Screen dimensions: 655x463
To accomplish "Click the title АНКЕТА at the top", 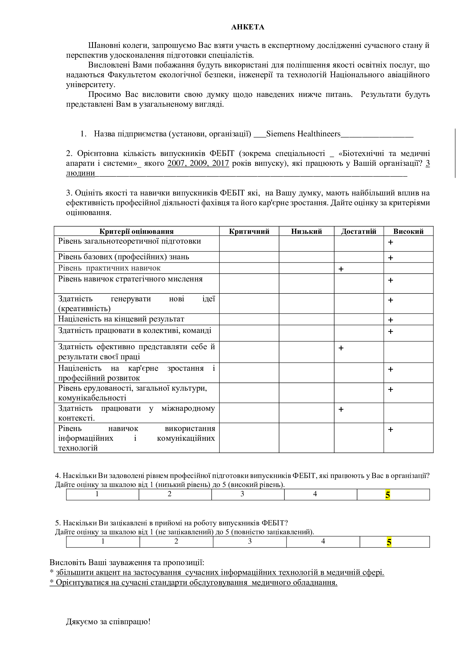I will point(247,27).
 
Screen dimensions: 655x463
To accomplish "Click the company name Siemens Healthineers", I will point(303,134).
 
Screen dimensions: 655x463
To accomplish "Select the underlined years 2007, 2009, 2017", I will point(198,163).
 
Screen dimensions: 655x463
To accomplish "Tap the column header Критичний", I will point(249,231).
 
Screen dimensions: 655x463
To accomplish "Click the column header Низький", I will point(306,231).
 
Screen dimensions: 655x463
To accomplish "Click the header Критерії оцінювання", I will point(136,231).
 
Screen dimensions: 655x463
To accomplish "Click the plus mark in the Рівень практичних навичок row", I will point(341,269).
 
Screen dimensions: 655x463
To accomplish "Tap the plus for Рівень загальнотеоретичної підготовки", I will point(390,242).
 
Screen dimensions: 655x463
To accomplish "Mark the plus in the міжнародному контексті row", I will point(341,409).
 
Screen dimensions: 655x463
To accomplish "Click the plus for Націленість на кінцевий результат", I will point(390,320).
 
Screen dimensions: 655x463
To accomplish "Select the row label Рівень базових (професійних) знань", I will point(123,257).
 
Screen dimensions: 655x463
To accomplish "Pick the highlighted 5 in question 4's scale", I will point(387,495).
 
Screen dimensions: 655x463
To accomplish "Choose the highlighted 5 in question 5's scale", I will point(389,542).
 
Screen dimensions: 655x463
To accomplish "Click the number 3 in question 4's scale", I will point(242,494).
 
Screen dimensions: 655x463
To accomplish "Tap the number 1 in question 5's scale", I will point(103,542).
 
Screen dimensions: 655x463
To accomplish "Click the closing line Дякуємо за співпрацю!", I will point(108,622).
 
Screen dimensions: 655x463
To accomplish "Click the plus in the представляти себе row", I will point(341,348).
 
